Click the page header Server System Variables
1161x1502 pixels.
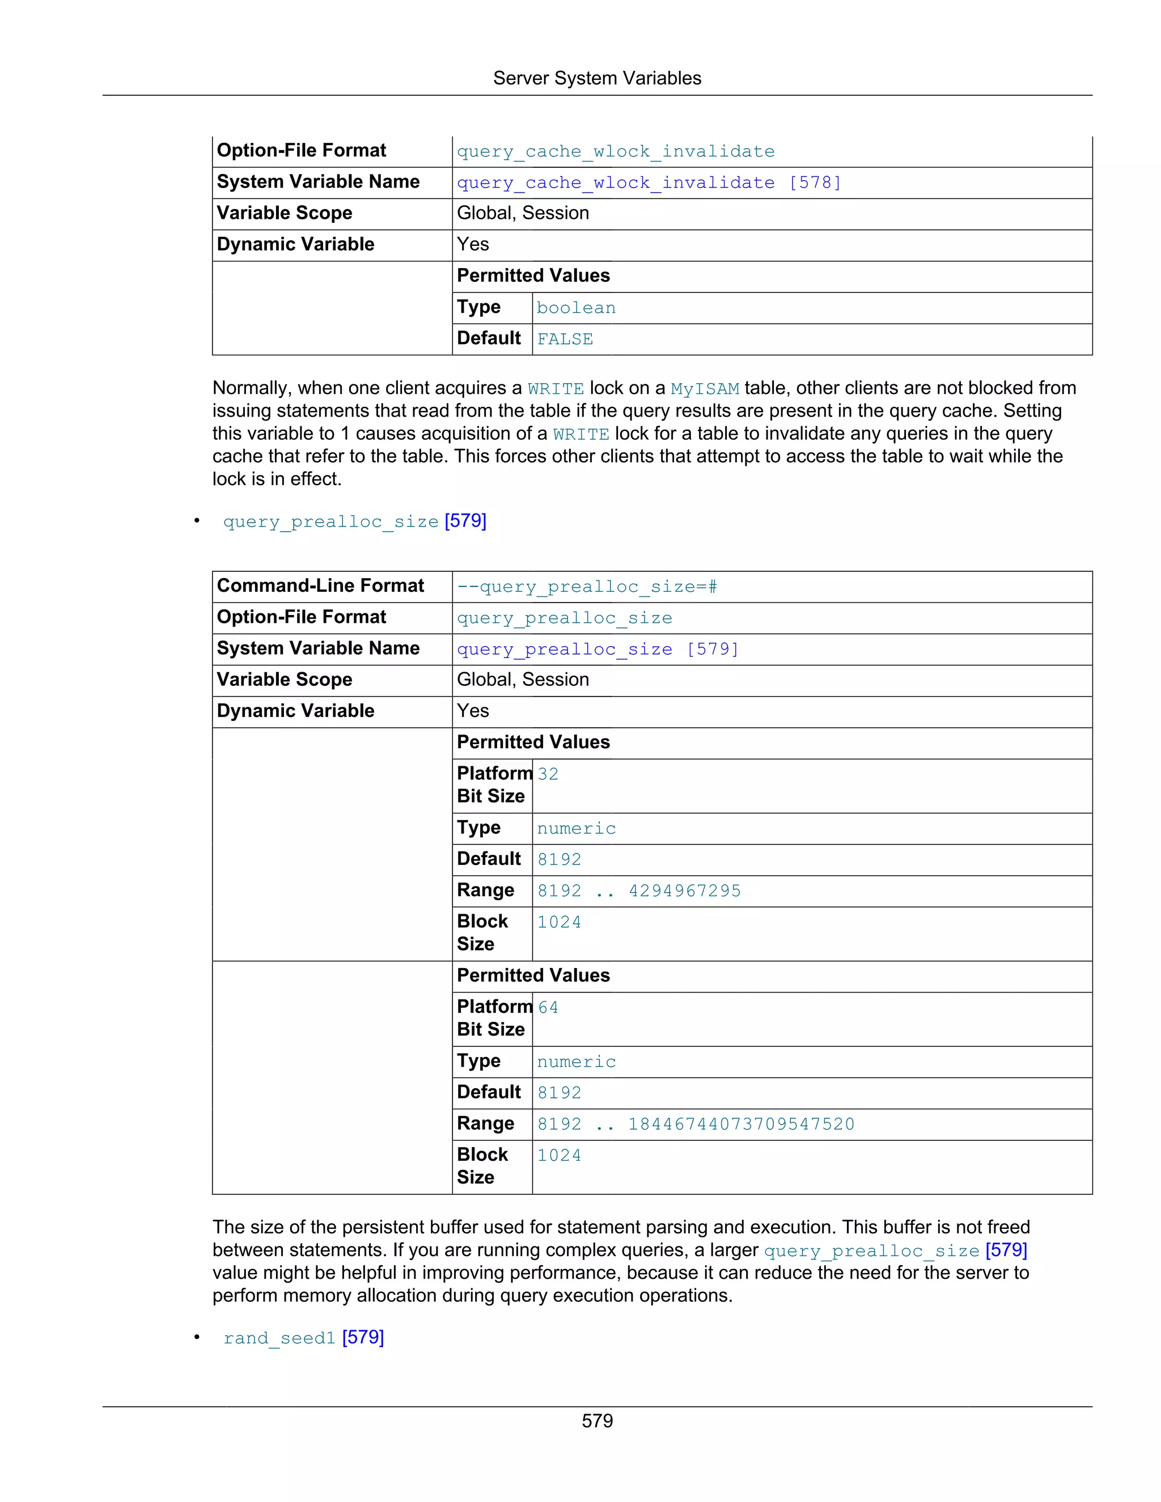tap(596, 78)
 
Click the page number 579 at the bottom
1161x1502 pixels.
tap(596, 1421)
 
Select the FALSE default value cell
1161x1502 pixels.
tap(565, 339)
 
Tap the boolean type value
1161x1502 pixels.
tap(576, 308)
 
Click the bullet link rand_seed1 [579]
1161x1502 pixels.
tap(303, 1338)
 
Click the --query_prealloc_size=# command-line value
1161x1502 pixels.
tap(587, 587)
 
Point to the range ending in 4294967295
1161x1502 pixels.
tap(638, 890)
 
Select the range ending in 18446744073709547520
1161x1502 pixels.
tap(696, 1124)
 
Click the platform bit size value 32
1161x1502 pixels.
tap(548, 774)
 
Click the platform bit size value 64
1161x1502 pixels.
tap(548, 1008)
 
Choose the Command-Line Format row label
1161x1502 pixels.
tap(320, 586)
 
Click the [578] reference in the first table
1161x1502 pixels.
tap(815, 183)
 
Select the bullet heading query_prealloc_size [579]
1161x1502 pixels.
tap(354, 521)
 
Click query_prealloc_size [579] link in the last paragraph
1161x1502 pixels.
tap(895, 1250)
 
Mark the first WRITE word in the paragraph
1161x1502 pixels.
tap(555, 389)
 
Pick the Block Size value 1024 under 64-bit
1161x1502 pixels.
tap(558, 1155)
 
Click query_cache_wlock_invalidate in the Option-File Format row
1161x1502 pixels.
tap(615, 151)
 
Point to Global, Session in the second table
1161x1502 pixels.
tap(523, 680)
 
